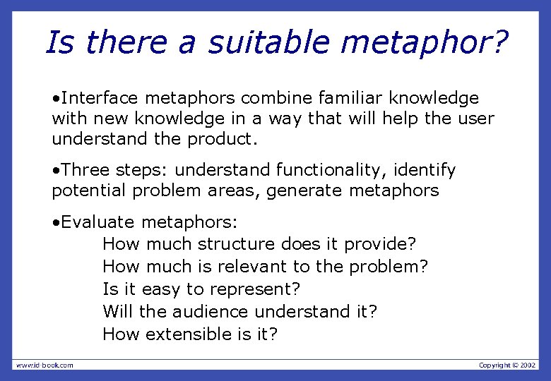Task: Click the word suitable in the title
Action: (x=269, y=42)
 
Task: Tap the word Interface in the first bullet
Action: (x=98, y=98)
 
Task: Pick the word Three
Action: (x=85, y=170)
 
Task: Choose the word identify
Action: (x=427, y=170)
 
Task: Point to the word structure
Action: (x=237, y=244)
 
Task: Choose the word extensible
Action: (x=191, y=334)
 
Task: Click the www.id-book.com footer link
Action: (x=45, y=365)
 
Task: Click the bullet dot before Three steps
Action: (x=55, y=171)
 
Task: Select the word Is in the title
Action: (x=57, y=42)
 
